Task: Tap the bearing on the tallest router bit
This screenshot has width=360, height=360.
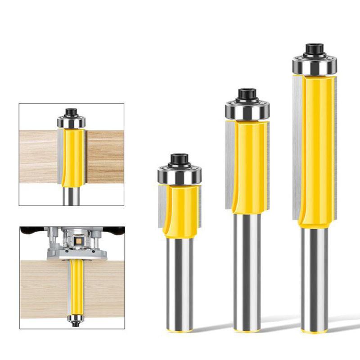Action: (314, 65)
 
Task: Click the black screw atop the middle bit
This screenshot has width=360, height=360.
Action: (247, 94)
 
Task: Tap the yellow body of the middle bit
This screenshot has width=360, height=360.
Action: (250, 166)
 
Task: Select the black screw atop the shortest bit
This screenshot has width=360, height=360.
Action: (179, 159)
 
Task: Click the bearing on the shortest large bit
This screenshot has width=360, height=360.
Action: (179, 175)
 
